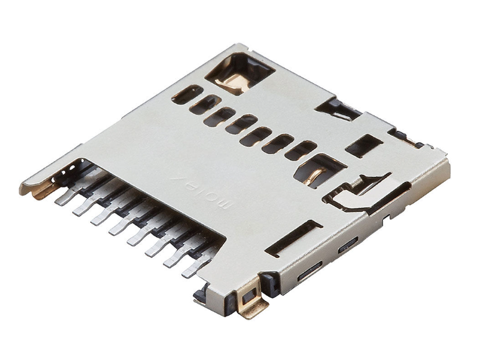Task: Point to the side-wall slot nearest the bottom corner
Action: coord(309,271)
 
